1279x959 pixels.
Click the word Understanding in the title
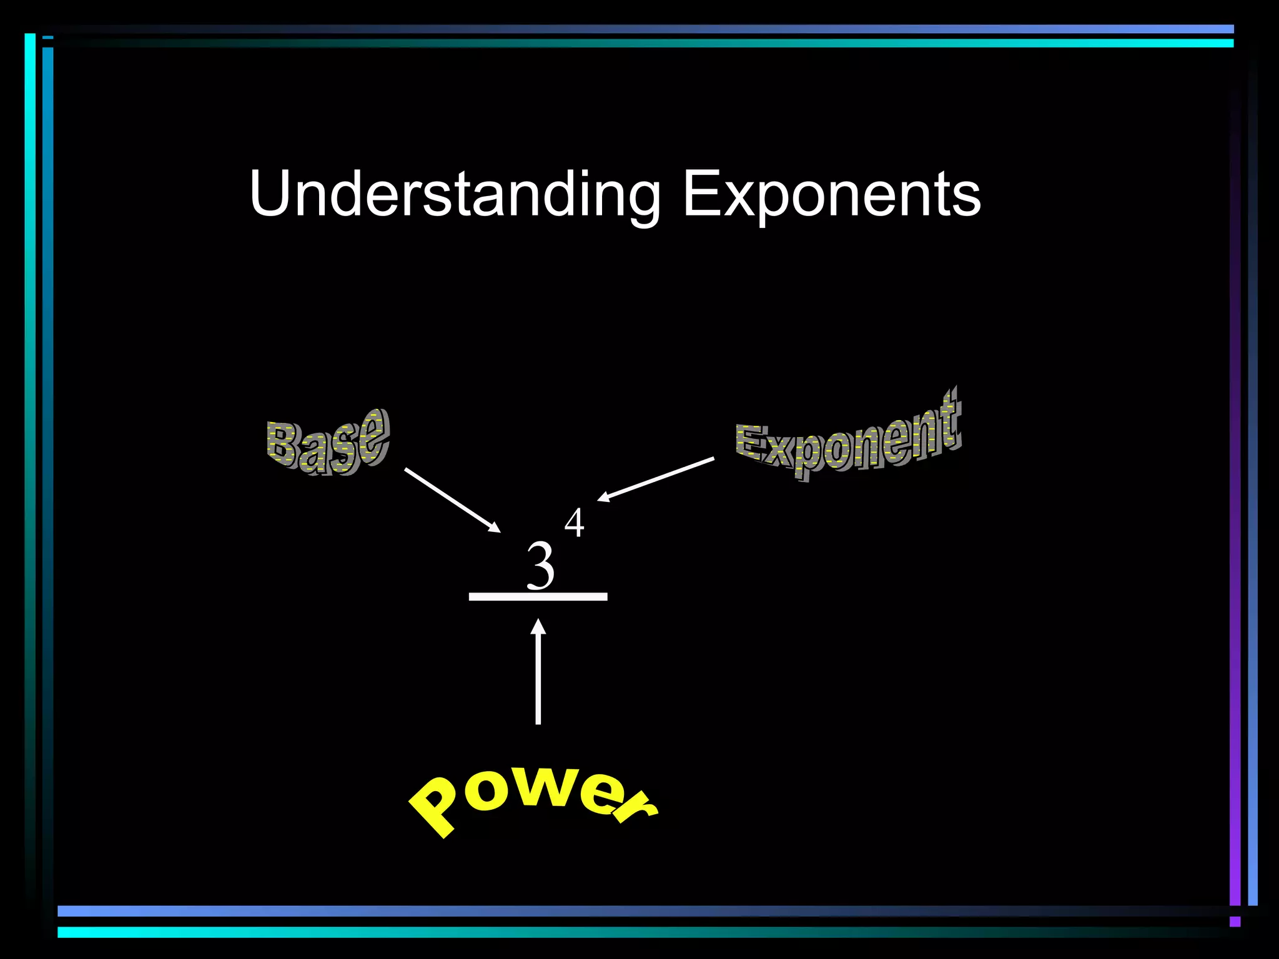[x=454, y=194]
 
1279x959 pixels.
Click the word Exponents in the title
[x=831, y=194]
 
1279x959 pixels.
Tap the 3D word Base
[x=328, y=441]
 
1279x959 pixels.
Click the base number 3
[x=540, y=566]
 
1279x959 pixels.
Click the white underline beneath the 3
[x=538, y=597]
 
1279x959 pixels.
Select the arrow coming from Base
[x=452, y=499]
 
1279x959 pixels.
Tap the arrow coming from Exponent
[x=656, y=479]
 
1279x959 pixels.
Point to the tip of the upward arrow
[x=538, y=621]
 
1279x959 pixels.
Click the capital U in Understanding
[x=272, y=194]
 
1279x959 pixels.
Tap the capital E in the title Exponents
[x=701, y=194]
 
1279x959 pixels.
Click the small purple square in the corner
[x=1235, y=922]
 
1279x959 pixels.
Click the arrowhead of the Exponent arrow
[x=603, y=498]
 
